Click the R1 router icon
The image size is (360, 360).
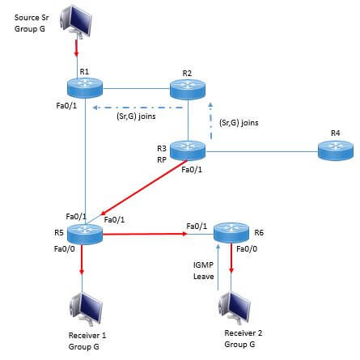85,87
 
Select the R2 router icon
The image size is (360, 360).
188,88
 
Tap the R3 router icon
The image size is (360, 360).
188,150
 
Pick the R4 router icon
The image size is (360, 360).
336,150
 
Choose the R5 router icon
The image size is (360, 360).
85,234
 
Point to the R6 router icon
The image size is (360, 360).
231,233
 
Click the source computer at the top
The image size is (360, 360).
76,22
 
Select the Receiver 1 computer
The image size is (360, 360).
87,308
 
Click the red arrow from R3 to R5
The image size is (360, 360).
144,188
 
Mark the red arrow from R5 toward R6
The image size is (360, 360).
145,234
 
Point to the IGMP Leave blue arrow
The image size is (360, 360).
218,268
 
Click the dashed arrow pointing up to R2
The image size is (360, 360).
211,121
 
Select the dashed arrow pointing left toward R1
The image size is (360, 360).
138,108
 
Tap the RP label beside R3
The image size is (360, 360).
162,160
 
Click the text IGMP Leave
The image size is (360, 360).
204,270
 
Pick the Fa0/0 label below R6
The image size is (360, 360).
247,248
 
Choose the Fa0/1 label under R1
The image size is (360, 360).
66,105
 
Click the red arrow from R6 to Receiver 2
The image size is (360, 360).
231,258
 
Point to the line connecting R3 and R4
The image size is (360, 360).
261,151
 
